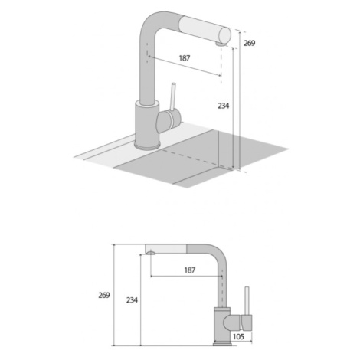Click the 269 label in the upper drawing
coord(249,43)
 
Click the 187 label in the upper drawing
coord(185,58)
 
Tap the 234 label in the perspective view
coord(224,106)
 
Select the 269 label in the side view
coord(104,295)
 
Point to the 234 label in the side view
coord(132,300)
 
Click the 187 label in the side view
coord(190,270)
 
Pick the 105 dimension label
coord(238,336)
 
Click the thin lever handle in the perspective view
coord(173,97)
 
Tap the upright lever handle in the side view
coord(247,301)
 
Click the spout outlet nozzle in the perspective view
coord(221,44)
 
